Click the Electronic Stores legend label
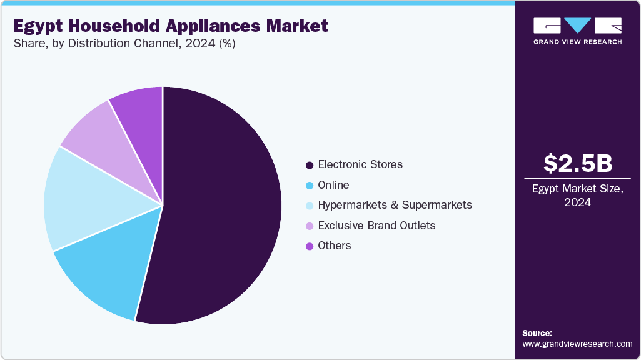tap(360, 164)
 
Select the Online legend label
tap(333, 185)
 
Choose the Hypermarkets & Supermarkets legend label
tap(395, 205)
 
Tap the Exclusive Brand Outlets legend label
tap(376, 225)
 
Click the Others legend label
tap(335, 246)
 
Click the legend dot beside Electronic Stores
tap(309, 165)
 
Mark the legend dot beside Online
tap(309, 186)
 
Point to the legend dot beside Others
tap(309, 246)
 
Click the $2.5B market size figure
tap(578, 163)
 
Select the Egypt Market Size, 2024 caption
tap(578, 196)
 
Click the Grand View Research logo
tap(577, 31)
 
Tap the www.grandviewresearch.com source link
tap(577, 344)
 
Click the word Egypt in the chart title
tap(37, 26)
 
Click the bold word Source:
tap(537, 333)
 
